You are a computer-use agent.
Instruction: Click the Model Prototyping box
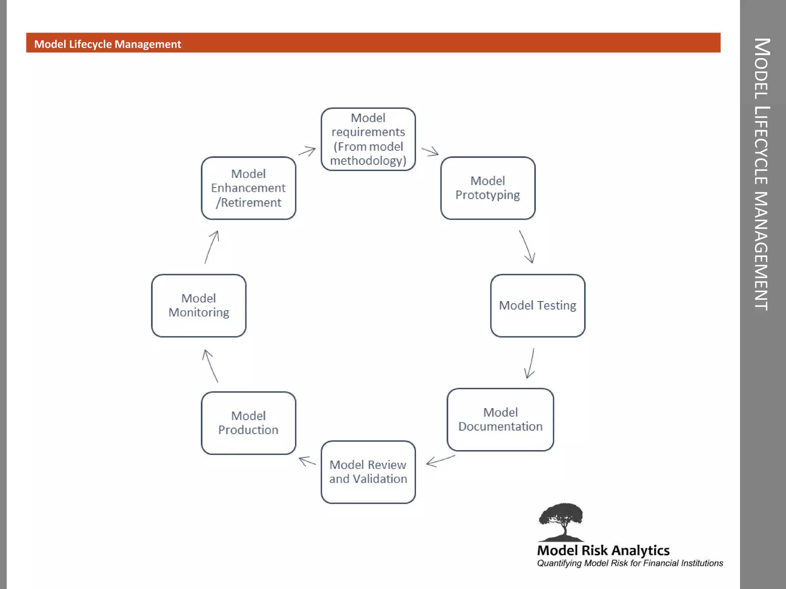[488, 188]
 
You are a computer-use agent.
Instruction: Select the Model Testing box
[538, 306]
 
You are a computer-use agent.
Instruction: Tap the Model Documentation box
[500, 420]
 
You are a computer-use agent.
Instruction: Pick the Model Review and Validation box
[368, 472]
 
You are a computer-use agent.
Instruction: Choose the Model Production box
[248, 423]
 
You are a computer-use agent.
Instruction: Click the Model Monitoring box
[199, 306]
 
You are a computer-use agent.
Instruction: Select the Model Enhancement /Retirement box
[248, 188]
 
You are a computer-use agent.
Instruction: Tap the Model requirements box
[368, 139]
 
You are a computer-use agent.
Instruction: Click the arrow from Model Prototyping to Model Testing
[527, 247]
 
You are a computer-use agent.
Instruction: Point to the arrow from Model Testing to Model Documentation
[530, 363]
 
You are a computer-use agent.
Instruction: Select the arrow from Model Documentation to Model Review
[441, 461]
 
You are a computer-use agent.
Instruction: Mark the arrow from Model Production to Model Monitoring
[210, 365]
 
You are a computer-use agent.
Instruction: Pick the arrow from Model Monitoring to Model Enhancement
[212, 247]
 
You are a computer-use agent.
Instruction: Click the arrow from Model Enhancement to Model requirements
[307, 151]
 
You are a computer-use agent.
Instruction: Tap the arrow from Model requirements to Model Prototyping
[430, 151]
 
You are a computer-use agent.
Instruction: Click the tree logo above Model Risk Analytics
[561, 522]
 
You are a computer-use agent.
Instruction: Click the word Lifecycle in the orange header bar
[90, 44]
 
